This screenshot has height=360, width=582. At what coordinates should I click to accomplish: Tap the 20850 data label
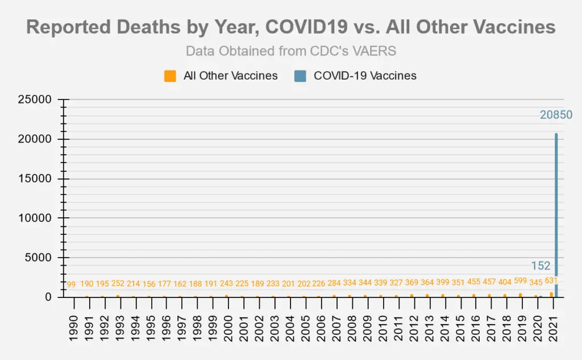coord(556,115)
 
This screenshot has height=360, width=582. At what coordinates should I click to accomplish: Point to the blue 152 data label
coord(541,266)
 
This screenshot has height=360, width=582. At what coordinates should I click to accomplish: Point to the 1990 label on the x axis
coord(73,326)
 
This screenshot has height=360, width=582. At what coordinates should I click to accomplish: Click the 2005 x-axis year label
coord(304,326)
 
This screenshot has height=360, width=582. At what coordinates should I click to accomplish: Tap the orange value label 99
coord(71,284)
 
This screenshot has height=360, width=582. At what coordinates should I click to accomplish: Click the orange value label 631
coord(551,280)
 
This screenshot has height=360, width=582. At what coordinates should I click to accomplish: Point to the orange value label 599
coord(520,280)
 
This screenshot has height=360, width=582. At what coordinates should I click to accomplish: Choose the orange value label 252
coord(119,284)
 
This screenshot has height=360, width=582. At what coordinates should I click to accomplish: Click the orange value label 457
coord(489,282)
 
